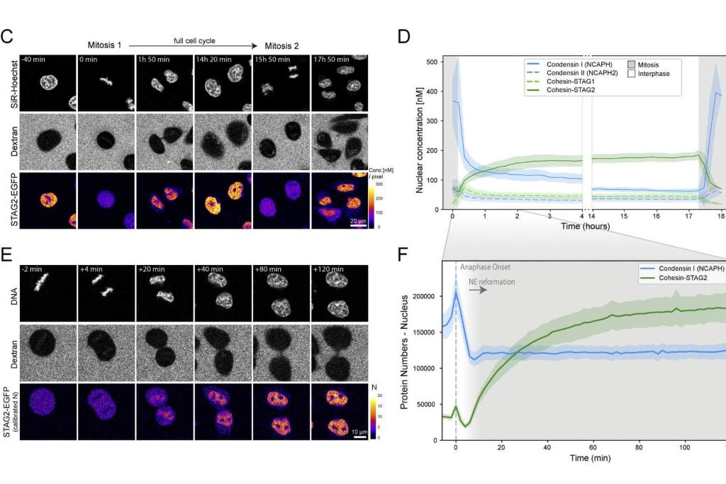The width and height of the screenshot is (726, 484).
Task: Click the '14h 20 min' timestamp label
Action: pyautogui.click(x=213, y=60)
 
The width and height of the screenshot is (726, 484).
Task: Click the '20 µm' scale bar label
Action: pyautogui.click(x=357, y=222)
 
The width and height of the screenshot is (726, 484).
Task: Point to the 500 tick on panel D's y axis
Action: pyautogui.click(x=430, y=61)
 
